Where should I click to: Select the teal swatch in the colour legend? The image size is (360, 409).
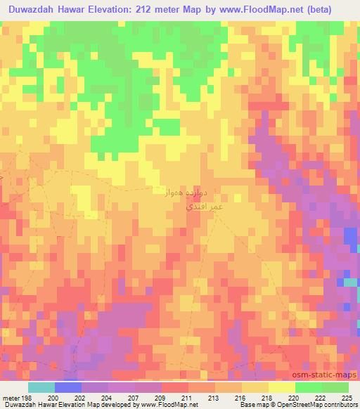(41, 387)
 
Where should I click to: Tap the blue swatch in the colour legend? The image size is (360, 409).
(67, 387)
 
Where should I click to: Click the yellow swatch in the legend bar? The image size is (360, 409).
(282, 387)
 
